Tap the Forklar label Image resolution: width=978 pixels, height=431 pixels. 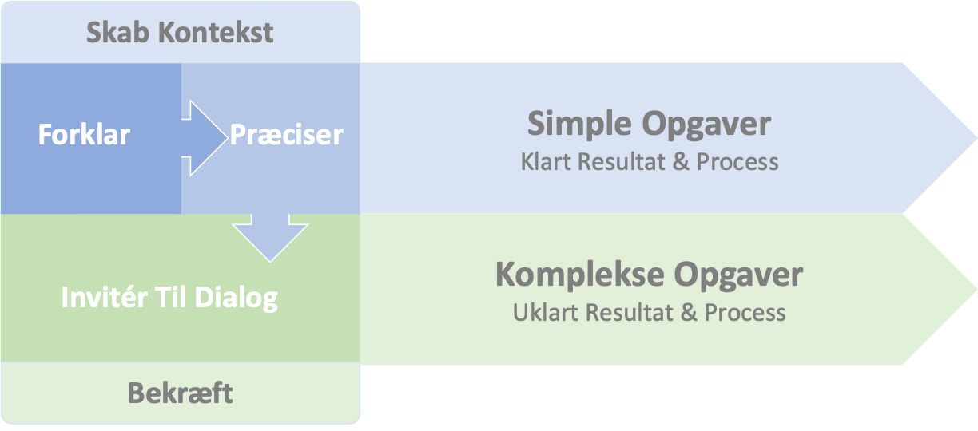tap(84, 134)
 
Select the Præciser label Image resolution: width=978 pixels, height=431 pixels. tap(287, 134)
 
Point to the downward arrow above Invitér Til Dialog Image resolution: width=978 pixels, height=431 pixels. tap(270, 236)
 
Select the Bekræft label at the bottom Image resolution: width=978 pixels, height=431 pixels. tap(180, 393)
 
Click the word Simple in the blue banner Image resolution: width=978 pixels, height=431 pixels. tap(581, 125)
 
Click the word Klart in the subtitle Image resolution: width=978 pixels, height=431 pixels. tap(547, 162)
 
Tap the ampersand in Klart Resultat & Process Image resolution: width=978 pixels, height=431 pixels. tap(681, 162)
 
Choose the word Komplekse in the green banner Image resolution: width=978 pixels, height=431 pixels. tap(579, 275)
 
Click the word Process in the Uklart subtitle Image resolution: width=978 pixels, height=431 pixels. tap(745, 311)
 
